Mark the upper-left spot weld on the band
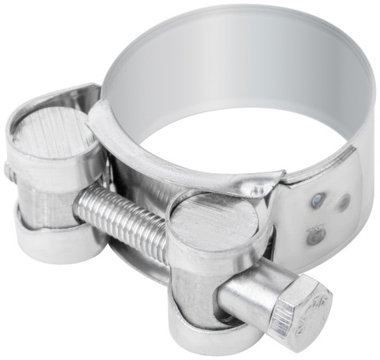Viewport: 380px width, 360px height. pyautogui.click(x=317, y=201)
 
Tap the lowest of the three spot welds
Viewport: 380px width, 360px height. pyautogui.click(x=314, y=235)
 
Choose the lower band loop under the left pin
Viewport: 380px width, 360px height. pyautogui.click(x=55, y=237)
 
